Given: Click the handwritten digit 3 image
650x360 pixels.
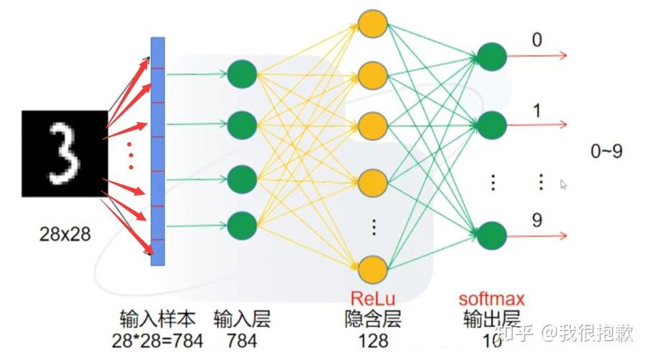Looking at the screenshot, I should pos(65,153).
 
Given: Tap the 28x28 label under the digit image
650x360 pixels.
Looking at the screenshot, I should pos(66,234).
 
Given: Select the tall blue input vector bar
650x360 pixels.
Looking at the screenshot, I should pos(158,151).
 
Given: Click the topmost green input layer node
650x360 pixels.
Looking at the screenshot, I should pos(242,73).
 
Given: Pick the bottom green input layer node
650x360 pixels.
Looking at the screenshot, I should pos(242,226).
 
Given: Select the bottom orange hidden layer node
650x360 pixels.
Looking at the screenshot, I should pos(373,270).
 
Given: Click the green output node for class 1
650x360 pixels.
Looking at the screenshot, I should pos(491,125).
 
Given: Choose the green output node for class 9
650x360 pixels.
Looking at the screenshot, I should pos(491,235).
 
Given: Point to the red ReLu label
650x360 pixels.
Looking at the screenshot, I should pos(373,297).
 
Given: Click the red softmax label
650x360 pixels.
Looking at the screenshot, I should pos(492,297).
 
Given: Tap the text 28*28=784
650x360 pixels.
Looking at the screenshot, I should pos(158,339).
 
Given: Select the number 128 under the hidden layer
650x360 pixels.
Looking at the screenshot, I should pos(373,339).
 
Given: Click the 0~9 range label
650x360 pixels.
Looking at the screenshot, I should pos(606,151).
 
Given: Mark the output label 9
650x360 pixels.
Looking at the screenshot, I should pos(536,220).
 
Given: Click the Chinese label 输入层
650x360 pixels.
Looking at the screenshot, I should pos(243,319).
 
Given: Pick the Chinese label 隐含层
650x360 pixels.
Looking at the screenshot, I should pos(373,319).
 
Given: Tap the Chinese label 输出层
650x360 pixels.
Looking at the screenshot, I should pos(492,319).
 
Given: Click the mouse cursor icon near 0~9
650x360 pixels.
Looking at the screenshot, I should pos(564,184).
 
